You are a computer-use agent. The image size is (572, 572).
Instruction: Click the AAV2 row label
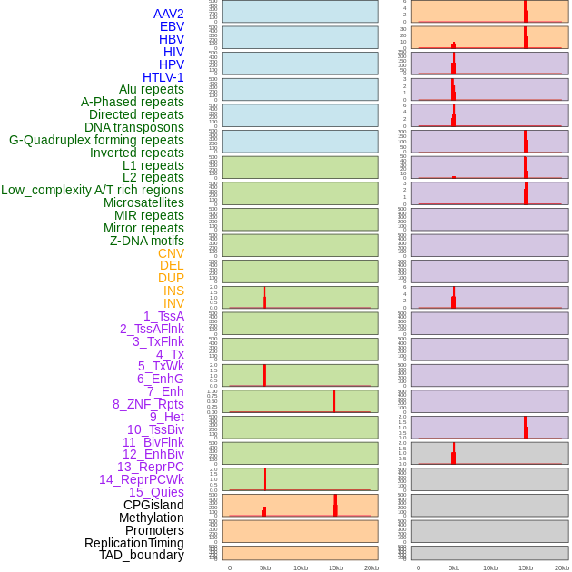click(x=169, y=14)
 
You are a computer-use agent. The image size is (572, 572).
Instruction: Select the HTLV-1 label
click(x=163, y=77)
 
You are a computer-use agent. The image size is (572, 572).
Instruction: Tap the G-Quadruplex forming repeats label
click(x=96, y=140)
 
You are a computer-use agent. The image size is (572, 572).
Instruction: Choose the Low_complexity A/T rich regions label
click(x=93, y=190)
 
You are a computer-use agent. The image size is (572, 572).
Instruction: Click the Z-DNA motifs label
click(x=147, y=241)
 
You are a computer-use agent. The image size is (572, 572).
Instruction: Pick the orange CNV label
click(x=171, y=253)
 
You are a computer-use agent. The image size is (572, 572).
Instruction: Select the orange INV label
click(x=173, y=303)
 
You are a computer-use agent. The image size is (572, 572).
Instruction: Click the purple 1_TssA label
click(x=163, y=316)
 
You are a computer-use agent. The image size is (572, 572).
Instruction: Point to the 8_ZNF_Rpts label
click(x=148, y=404)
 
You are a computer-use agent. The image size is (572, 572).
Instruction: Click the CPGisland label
click(x=153, y=505)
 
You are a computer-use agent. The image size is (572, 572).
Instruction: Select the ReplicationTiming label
click(x=134, y=543)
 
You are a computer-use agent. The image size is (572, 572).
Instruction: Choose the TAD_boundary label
click(x=142, y=555)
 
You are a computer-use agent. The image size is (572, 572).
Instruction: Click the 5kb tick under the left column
click(x=265, y=567)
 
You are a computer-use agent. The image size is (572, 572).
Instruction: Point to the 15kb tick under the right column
click(x=526, y=567)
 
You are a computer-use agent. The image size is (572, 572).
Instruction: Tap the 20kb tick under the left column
click(x=371, y=567)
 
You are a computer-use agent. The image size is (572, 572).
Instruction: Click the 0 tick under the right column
click(x=419, y=567)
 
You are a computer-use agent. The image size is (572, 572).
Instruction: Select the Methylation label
click(x=151, y=518)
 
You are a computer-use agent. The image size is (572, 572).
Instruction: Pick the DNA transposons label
click(x=134, y=127)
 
